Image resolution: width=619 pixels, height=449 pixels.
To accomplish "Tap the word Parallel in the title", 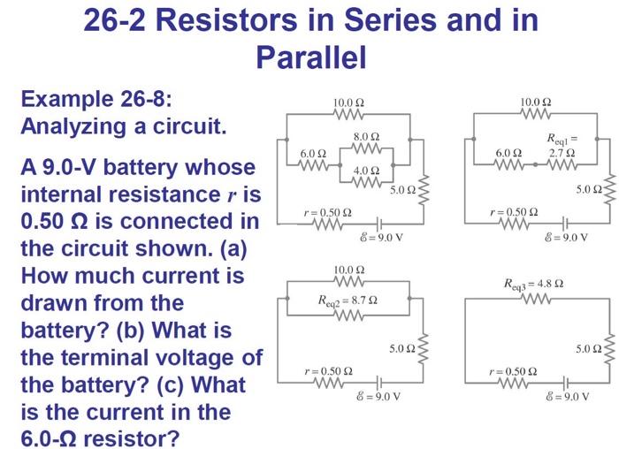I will coord(310,57).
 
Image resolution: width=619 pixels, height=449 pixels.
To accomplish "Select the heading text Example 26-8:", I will coord(96,98).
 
